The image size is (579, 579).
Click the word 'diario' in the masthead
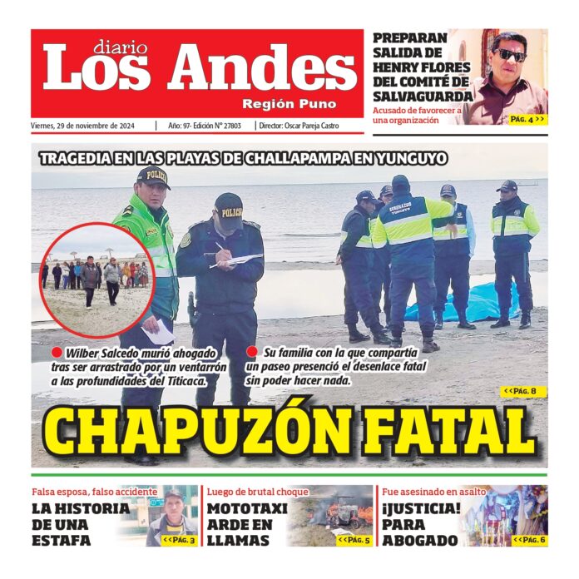[x=120, y=47]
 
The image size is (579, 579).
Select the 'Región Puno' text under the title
[x=289, y=104]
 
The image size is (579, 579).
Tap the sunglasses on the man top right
[x=510, y=55]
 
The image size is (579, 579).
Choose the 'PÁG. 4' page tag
[x=527, y=119]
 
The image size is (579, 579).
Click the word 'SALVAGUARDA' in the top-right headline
[x=423, y=96]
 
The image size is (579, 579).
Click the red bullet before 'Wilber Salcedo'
[x=57, y=353]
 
